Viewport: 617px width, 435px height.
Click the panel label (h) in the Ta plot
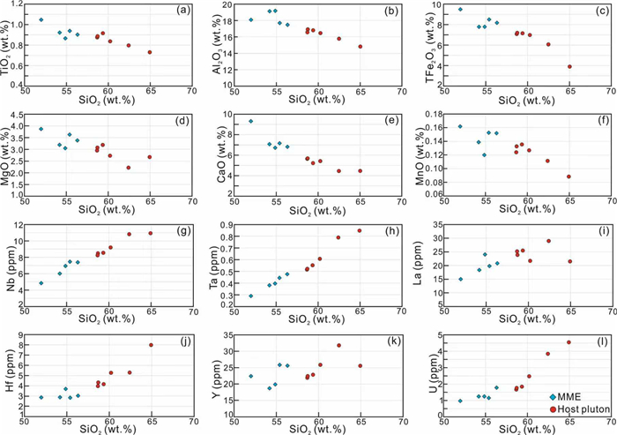391,229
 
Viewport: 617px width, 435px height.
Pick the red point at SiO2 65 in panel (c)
570,66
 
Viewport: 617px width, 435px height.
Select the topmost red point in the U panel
569,342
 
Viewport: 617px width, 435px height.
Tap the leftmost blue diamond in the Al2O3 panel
251,19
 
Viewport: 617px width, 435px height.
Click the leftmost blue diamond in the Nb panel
41,283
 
